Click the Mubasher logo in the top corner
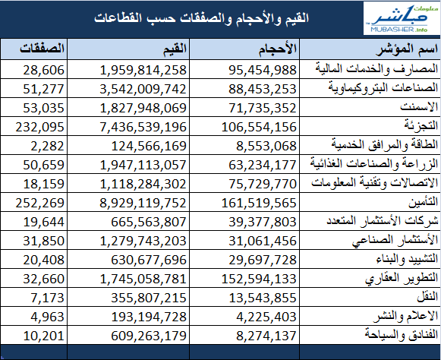pyautogui.click(x=402, y=18)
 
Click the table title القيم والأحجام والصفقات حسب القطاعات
pyautogui.click(x=202, y=18)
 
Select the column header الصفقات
pyautogui.click(x=43, y=49)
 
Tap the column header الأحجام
pyautogui.click(x=278, y=49)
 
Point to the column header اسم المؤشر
pyautogui.click(x=407, y=49)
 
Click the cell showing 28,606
pyautogui.click(x=43, y=70)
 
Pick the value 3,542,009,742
pyautogui.click(x=143, y=89)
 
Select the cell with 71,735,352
pyautogui.click(x=263, y=108)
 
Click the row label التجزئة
pyautogui.click(x=421, y=125)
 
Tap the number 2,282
pyautogui.click(x=48, y=146)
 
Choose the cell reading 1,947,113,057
pyautogui.click(x=143, y=165)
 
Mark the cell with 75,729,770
pyautogui.click(x=263, y=184)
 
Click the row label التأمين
pyautogui.click(x=423, y=201)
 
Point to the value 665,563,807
pyautogui.click(x=149, y=222)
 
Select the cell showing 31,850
pyautogui.click(x=43, y=241)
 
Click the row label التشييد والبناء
pyautogui.click(x=408, y=259)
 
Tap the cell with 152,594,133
pyautogui.click(x=259, y=279)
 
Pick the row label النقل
pyautogui.click(x=427, y=296)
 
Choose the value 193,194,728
pyautogui.click(x=149, y=317)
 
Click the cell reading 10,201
pyautogui.click(x=43, y=336)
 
